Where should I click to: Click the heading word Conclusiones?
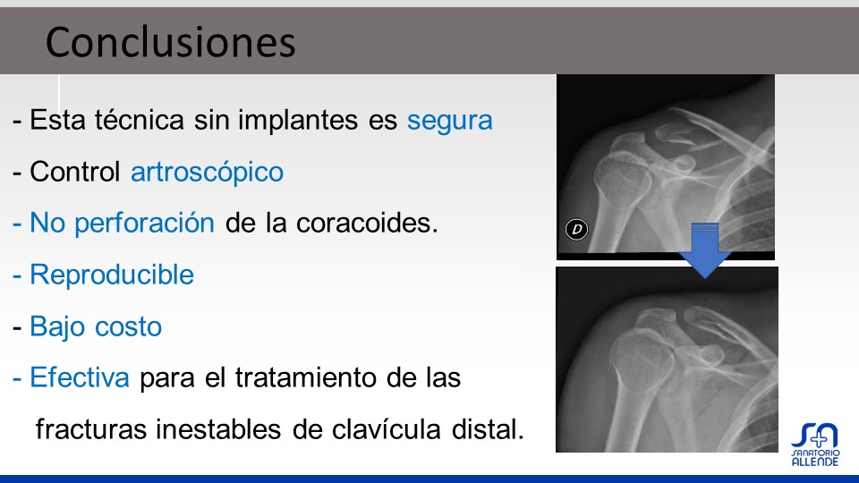tap(170, 42)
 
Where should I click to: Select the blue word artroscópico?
tap(207, 173)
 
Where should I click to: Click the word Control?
tap(75, 172)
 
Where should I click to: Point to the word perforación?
tap(145, 224)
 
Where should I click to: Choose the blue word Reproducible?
tap(112, 275)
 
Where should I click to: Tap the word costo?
tap(128, 327)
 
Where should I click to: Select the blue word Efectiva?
tap(80, 377)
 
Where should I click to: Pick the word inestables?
tap(218, 429)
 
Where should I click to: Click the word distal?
tap(488, 429)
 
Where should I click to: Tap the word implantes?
tap(297, 121)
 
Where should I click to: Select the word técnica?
tap(140, 120)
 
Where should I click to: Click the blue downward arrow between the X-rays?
tap(705, 250)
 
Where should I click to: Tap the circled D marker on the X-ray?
tap(576, 229)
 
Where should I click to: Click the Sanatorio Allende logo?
tap(815, 445)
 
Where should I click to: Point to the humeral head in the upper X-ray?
tap(623, 176)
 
